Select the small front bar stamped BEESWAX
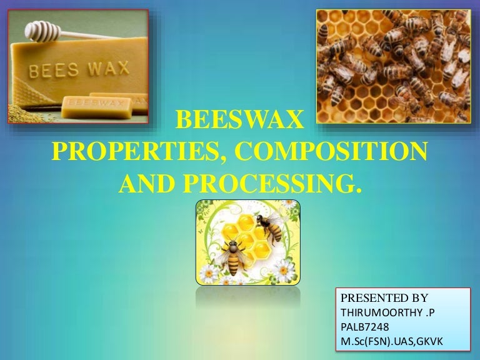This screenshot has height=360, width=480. (89, 107)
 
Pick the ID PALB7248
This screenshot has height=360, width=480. (362, 326)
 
